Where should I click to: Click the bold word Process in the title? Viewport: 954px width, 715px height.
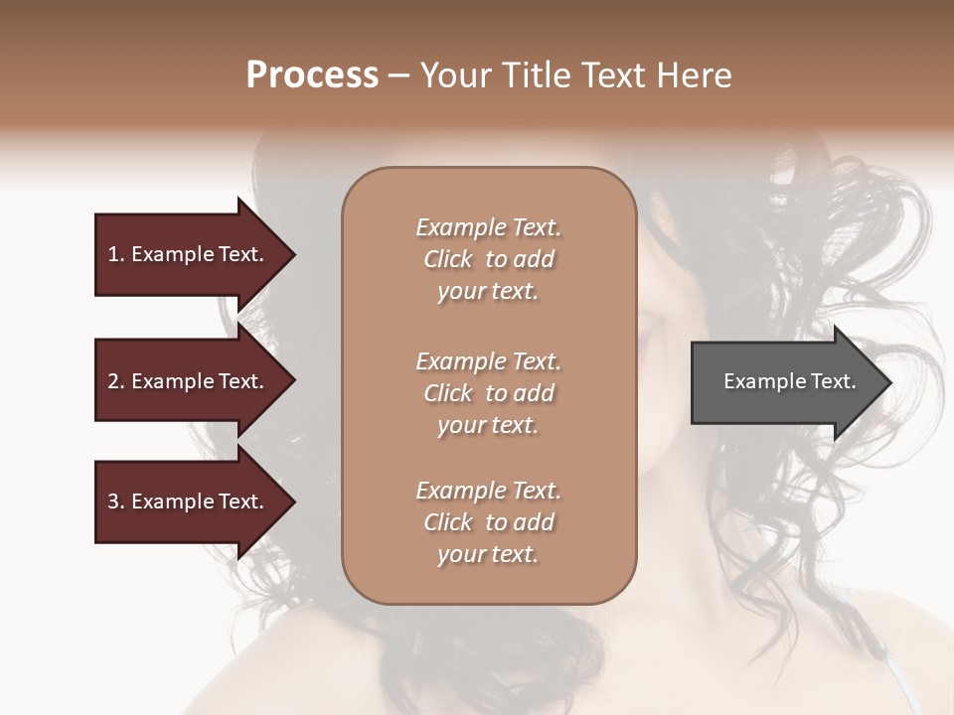pyautogui.click(x=312, y=75)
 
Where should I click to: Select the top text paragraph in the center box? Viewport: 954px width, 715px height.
pyautogui.click(x=488, y=259)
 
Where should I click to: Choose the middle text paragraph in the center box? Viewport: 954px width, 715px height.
pyautogui.click(x=488, y=393)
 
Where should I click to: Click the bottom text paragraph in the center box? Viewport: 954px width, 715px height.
pyautogui.click(x=488, y=522)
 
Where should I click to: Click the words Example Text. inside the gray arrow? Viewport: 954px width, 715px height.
pyautogui.click(x=789, y=381)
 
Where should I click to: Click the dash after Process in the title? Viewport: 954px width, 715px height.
pyautogui.click(x=398, y=76)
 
